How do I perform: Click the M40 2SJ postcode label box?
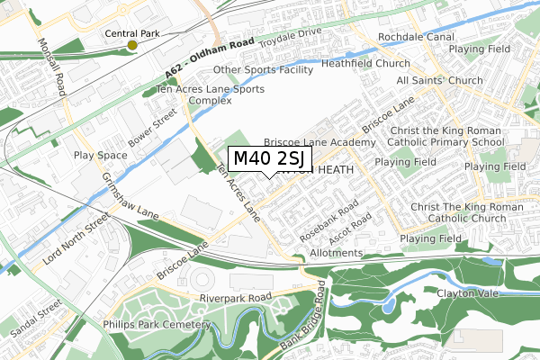270,159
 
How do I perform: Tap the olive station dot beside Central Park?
132,45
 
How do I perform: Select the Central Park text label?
133,33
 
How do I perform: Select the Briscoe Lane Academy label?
319,143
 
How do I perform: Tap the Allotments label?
338,253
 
